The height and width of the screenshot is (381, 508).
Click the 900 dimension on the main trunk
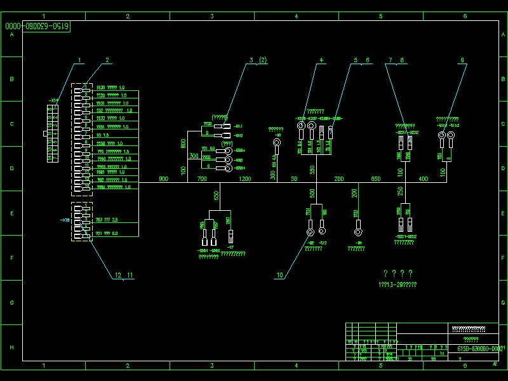pyautogui.click(x=163, y=179)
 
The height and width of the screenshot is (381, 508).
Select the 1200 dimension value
pyautogui.click(x=244, y=179)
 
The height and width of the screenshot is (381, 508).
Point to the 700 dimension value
pyautogui.click(x=202, y=179)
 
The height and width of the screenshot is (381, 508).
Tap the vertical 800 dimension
pyautogui.click(x=184, y=144)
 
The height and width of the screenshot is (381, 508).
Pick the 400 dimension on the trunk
pyautogui.click(x=424, y=179)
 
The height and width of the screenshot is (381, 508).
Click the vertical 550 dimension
pyautogui.click(x=312, y=170)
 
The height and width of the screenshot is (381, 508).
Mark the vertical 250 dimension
pyautogui.click(x=400, y=191)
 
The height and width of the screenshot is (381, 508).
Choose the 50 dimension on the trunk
pyautogui.click(x=294, y=179)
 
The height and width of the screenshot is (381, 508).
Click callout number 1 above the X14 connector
pyautogui.click(x=79, y=60)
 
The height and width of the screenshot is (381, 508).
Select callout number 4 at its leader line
pyautogui.click(x=321, y=60)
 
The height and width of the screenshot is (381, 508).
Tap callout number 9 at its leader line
pyautogui.click(x=462, y=60)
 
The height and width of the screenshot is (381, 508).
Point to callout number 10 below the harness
pyautogui.click(x=279, y=275)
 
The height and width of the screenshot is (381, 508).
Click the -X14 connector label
pyautogui.click(x=54, y=100)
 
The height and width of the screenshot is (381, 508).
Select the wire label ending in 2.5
pyautogui.click(x=107, y=220)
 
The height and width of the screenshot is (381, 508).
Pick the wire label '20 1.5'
pyautogui.click(x=102, y=135)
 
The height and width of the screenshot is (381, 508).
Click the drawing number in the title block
pyautogui.click(x=480, y=349)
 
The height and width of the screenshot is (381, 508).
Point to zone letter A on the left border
pyautogui.click(x=11, y=35)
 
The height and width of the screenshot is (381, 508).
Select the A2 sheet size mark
pyautogui.click(x=495, y=364)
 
